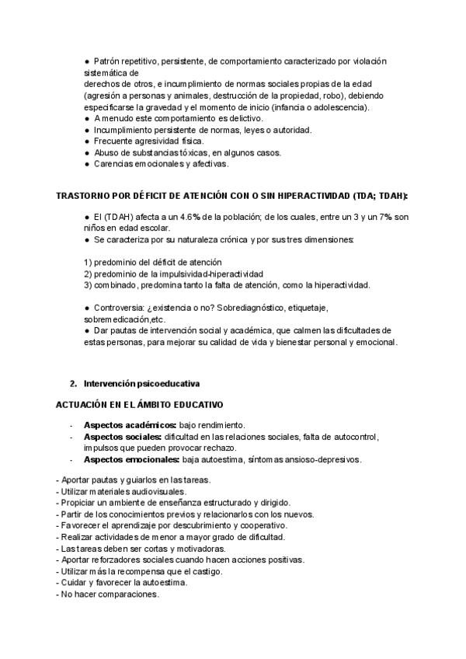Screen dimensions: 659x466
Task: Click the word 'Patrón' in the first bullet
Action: tap(106, 61)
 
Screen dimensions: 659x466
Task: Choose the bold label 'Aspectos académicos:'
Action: tap(130, 425)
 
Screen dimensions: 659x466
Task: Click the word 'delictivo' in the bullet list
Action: tap(243, 118)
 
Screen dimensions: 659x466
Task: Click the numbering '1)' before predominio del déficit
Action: tap(88, 262)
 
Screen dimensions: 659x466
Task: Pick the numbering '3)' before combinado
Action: tap(88, 284)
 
